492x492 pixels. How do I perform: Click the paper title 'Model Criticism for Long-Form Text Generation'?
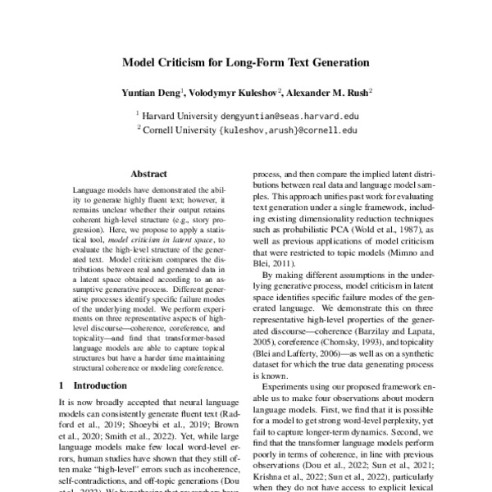tap(246, 61)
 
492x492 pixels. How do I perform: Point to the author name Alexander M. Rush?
tap(330, 93)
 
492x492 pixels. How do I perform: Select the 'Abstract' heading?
tap(148, 173)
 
